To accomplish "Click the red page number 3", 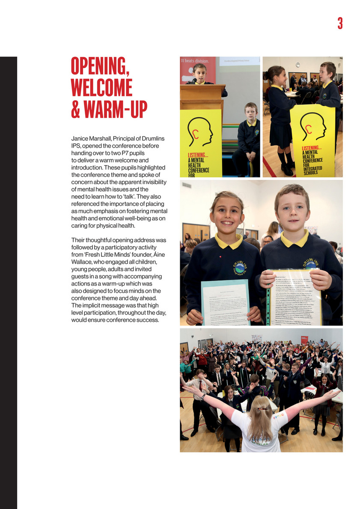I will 340,23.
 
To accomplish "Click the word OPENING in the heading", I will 100,68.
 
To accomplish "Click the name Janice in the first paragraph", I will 80,139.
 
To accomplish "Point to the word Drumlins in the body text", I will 158,139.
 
